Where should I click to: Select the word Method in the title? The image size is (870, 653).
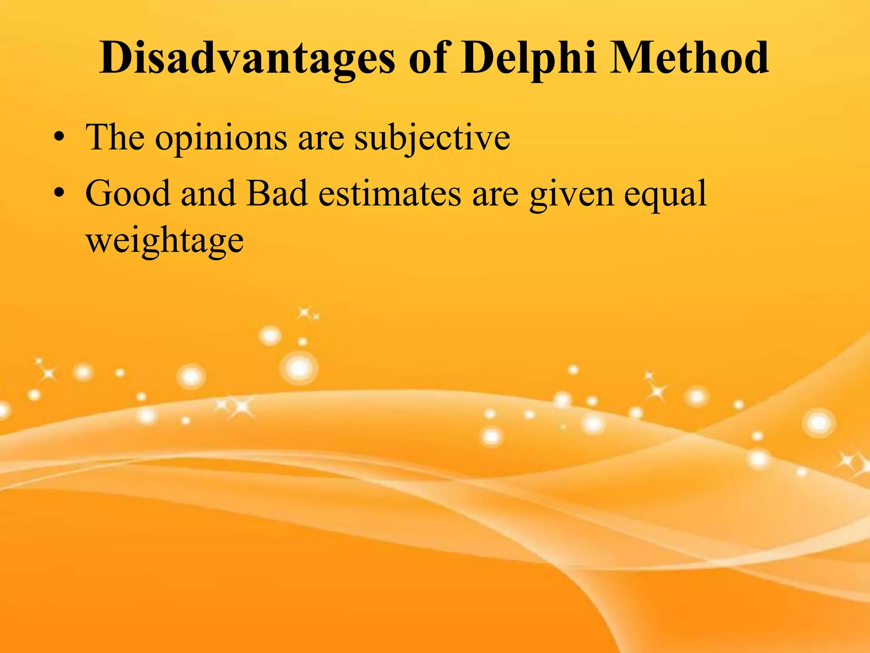pyautogui.click(x=689, y=58)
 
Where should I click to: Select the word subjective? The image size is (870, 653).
pyautogui.click(x=432, y=138)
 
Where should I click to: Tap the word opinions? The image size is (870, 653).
pyautogui.click(x=221, y=139)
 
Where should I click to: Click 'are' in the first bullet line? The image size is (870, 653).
pyautogui.click(x=321, y=139)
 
